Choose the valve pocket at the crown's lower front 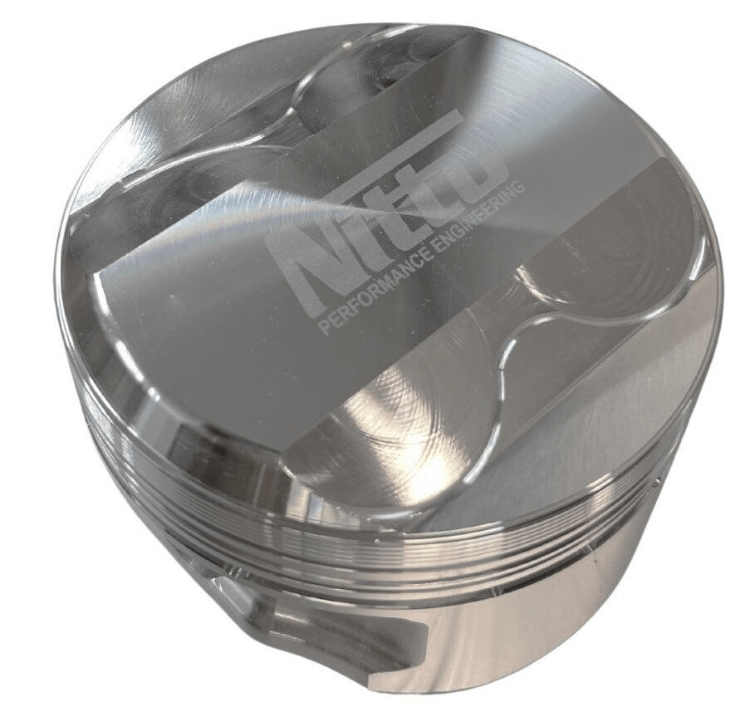(390, 449)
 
